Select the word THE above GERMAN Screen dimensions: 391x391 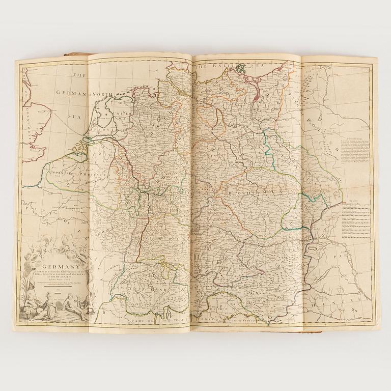point(79,75)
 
